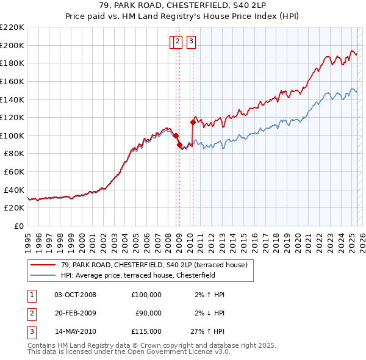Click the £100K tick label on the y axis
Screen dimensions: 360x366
13,135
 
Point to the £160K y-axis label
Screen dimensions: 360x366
13,81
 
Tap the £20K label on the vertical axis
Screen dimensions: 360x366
15,208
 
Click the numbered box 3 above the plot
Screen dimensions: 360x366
191,41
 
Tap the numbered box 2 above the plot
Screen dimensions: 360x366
177,41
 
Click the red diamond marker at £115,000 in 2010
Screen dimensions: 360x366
193,122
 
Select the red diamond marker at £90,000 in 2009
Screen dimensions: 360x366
179,145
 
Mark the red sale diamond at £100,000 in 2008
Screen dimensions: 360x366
176,135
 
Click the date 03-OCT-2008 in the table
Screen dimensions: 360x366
75,295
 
